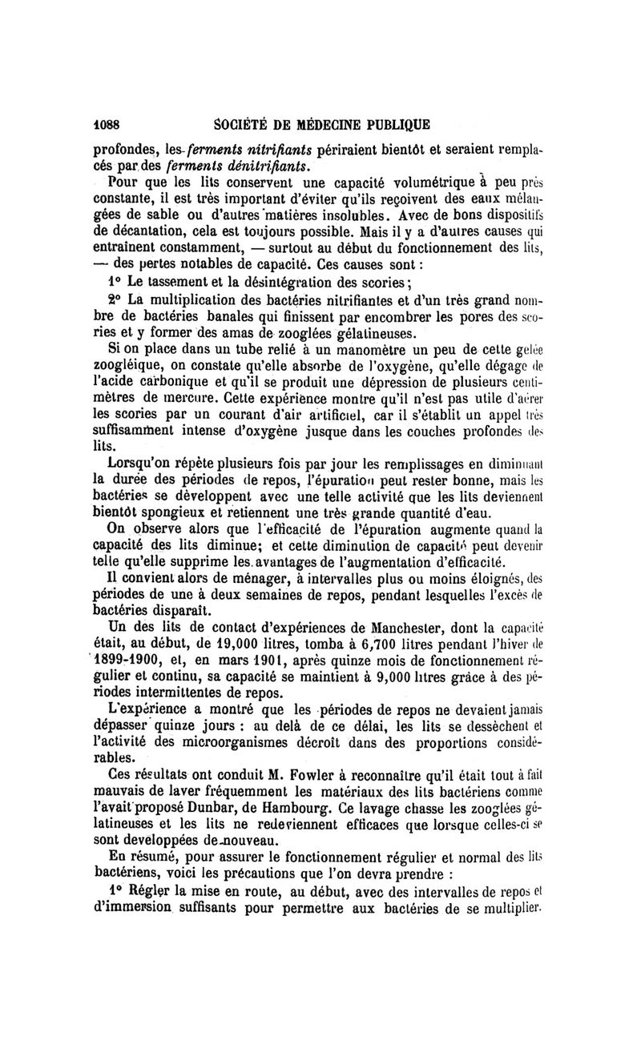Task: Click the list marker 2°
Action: tap(116, 299)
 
